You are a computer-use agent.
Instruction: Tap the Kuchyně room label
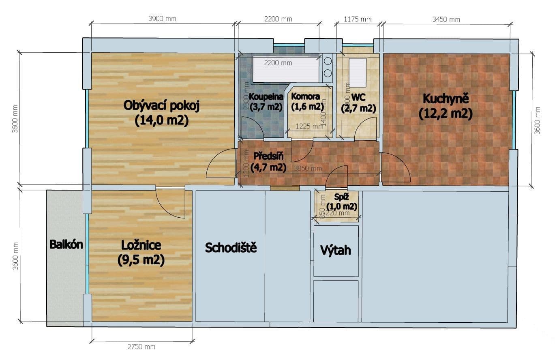point(446,99)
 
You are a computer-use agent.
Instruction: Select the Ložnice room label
point(141,245)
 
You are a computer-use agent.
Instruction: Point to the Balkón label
point(66,244)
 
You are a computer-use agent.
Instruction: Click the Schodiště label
point(231,248)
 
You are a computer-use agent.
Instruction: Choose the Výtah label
point(335,250)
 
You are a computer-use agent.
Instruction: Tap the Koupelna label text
point(266,97)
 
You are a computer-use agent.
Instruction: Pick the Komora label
point(305,97)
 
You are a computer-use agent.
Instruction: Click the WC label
point(358,98)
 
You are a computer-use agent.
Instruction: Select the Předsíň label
point(268,156)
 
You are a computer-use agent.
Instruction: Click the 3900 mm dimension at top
point(163,19)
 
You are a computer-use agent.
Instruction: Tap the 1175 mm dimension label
point(357,19)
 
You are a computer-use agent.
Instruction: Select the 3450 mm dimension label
point(446,19)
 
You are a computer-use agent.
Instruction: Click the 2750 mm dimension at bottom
point(141,347)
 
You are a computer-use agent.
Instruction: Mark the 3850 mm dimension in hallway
point(308,168)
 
